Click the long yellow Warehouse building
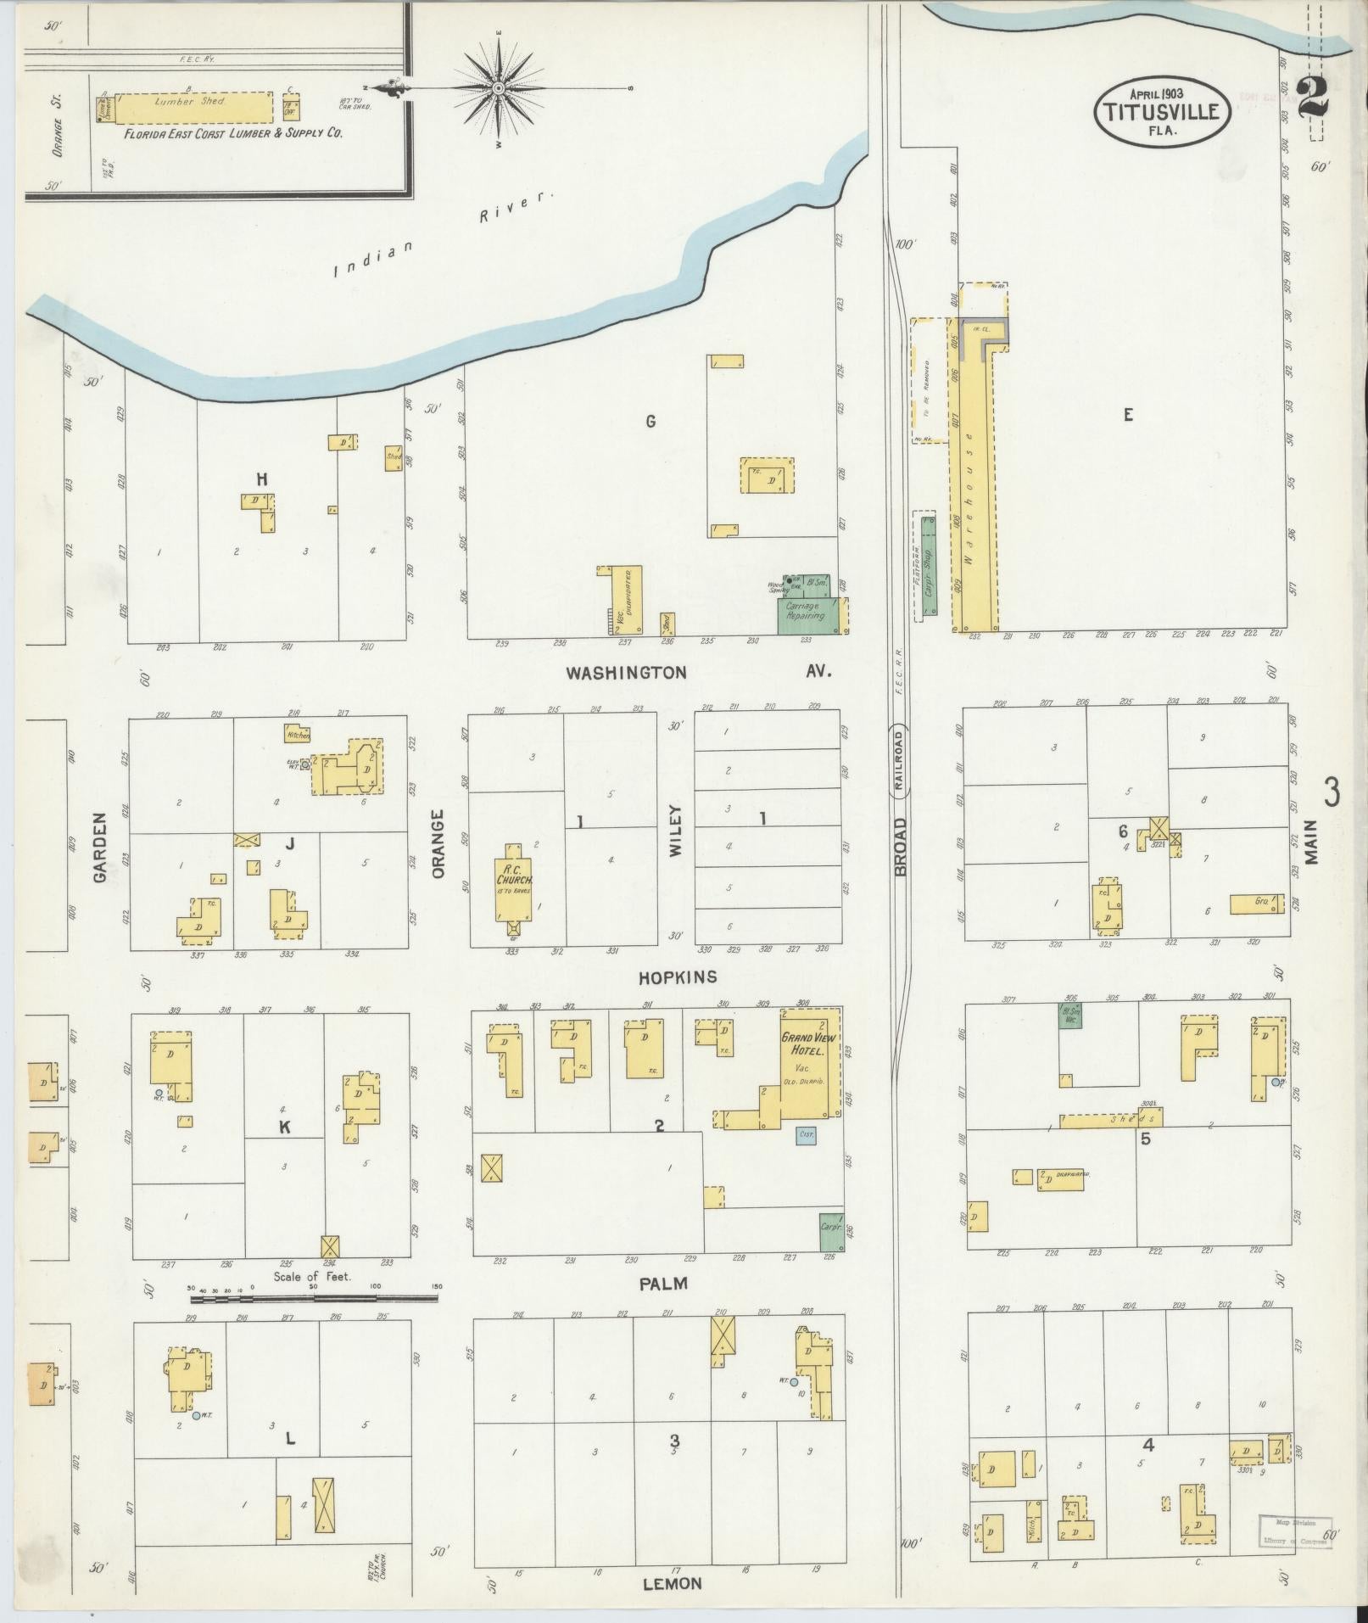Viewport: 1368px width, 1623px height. click(x=974, y=479)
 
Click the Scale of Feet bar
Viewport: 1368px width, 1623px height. click(x=314, y=1297)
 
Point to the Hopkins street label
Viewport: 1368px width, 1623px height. click(x=678, y=977)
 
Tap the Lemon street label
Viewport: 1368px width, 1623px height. click(x=673, y=1583)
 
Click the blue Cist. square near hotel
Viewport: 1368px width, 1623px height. click(x=806, y=1133)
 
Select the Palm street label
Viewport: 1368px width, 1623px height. click(x=663, y=1283)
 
